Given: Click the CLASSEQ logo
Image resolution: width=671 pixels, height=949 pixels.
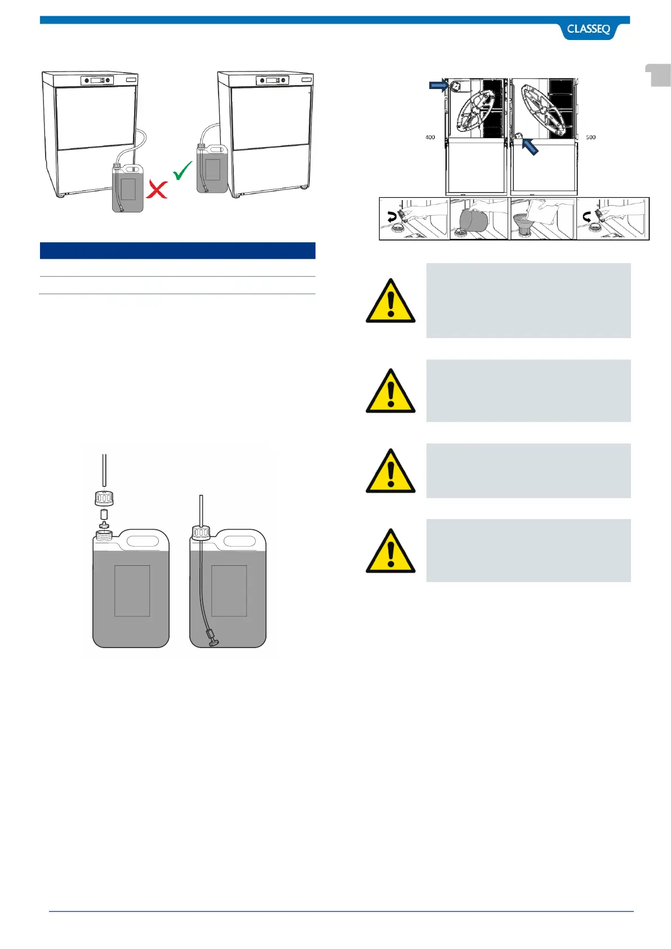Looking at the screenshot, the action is click(588, 29).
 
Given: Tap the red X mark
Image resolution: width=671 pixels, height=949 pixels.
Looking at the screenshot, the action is click(157, 189).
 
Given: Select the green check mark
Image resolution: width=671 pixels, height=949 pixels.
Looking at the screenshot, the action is click(183, 170).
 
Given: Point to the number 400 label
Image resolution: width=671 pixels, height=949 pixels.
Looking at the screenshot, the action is click(430, 138).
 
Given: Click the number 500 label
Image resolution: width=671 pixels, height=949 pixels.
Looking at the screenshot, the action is click(590, 138).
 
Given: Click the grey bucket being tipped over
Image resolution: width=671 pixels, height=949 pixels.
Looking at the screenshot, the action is click(472, 220).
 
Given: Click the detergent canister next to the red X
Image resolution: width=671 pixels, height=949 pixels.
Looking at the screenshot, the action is click(128, 188).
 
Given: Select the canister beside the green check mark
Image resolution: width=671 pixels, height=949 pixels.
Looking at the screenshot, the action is click(212, 169).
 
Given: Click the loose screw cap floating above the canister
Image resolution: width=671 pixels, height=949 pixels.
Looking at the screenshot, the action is click(104, 499).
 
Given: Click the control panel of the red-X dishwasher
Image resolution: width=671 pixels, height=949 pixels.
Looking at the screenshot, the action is click(97, 81).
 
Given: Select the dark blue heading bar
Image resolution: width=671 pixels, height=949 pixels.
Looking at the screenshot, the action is click(177, 251).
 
